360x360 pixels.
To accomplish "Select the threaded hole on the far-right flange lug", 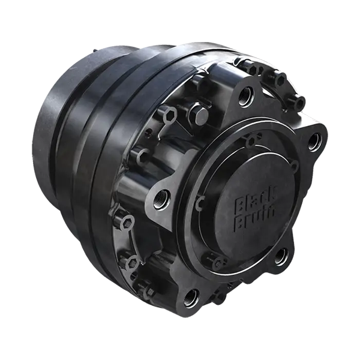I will (x=313, y=142).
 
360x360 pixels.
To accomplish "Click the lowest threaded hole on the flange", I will (x=191, y=295).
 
